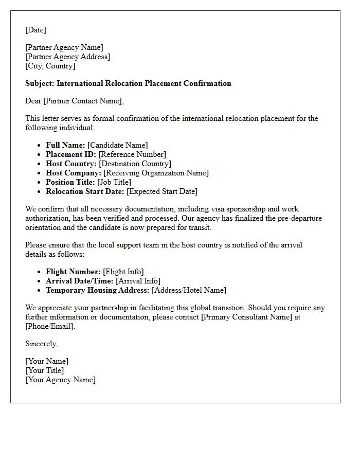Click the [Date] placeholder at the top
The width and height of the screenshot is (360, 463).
click(x=35, y=30)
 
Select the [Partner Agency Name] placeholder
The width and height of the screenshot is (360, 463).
click(x=64, y=47)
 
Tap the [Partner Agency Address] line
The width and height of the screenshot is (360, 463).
click(x=67, y=57)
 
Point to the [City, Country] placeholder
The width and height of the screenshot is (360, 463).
click(x=50, y=66)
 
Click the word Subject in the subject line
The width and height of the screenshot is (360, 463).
click(x=39, y=83)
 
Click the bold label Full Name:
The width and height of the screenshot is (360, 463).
click(x=65, y=145)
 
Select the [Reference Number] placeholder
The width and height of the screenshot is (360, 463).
click(x=132, y=154)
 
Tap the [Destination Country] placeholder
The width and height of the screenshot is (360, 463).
click(x=135, y=164)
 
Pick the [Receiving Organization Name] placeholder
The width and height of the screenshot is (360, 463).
click(x=156, y=173)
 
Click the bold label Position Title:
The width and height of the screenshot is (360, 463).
click(x=70, y=182)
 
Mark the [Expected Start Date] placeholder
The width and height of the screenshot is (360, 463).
click(x=162, y=191)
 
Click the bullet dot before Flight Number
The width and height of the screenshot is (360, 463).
click(x=40, y=272)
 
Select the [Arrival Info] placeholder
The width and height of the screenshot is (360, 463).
click(x=138, y=281)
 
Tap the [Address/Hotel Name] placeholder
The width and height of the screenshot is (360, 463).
click(x=189, y=290)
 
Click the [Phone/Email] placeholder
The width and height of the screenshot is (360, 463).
click(x=49, y=326)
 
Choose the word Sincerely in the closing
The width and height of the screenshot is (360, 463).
click(x=41, y=344)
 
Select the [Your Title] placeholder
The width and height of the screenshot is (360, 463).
click(x=44, y=370)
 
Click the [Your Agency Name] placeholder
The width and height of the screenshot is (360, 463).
click(x=60, y=380)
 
